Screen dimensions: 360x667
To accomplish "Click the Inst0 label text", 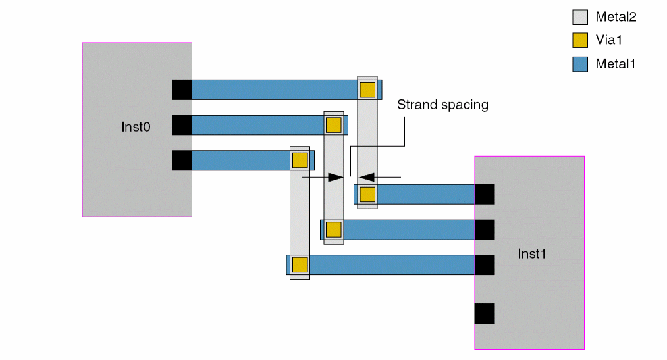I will click(x=136, y=127).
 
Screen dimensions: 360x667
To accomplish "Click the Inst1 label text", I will click(x=532, y=253).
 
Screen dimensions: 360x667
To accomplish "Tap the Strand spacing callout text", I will click(x=442, y=105).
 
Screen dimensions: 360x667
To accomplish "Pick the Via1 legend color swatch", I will click(x=579, y=41).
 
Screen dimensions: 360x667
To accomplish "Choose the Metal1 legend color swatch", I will click(x=579, y=64).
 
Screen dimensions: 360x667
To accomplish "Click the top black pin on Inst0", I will click(x=182, y=90).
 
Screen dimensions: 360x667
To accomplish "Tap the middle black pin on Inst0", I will click(x=182, y=125).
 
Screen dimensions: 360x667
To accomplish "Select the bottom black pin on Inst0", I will click(x=182, y=161).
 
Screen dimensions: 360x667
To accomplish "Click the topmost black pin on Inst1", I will click(x=485, y=194).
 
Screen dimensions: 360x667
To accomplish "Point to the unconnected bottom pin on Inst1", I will click(x=485, y=313).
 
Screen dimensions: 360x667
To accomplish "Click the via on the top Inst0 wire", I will click(x=367, y=90).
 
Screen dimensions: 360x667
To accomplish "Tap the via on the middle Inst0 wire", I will click(x=334, y=125).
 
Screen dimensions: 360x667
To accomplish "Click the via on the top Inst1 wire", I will click(x=367, y=194).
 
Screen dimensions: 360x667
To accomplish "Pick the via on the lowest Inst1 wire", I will click(x=300, y=265).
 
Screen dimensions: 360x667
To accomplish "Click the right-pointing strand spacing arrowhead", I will click(x=336, y=177).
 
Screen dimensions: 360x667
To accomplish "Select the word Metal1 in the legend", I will click(x=615, y=64).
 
